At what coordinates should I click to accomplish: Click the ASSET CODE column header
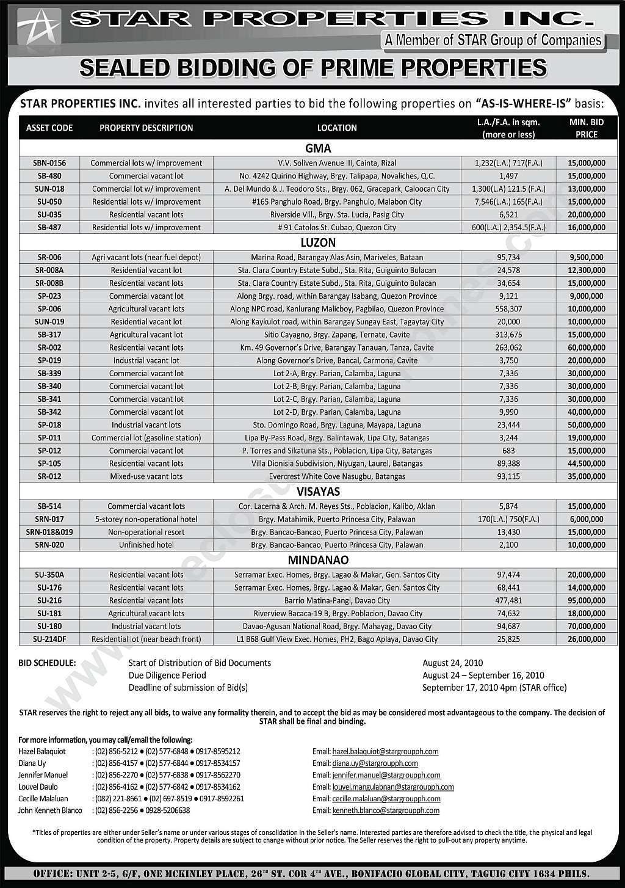click(49, 128)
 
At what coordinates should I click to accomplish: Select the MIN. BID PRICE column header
click(586, 128)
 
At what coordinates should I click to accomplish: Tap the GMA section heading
click(318, 148)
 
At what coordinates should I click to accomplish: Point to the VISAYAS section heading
click(318, 492)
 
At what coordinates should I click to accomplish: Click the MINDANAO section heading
click(318, 560)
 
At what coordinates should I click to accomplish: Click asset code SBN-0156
click(49, 163)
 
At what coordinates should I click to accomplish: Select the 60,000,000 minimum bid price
click(586, 348)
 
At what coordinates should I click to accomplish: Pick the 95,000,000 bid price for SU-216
click(586, 600)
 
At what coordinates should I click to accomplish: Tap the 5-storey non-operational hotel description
click(146, 519)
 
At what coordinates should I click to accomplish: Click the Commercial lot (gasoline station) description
click(146, 438)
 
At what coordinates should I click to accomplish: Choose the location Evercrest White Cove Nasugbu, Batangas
click(337, 476)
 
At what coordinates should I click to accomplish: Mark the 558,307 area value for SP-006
click(508, 309)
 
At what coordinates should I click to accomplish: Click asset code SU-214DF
click(49, 639)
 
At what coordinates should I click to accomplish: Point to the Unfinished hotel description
click(146, 545)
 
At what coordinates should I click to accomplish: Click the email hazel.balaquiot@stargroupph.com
click(385, 752)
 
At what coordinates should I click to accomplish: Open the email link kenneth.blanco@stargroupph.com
click(386, 810)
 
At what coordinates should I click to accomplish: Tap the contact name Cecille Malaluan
click(43, 799)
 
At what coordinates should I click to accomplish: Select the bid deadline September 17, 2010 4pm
click(494, 688)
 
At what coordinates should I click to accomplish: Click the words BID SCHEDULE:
click(48, 663)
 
